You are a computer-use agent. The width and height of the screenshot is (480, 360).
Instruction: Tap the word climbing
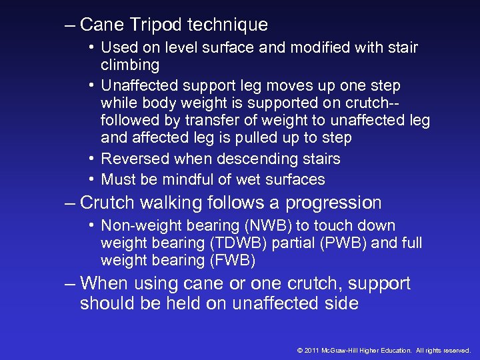tap(130, 65)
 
